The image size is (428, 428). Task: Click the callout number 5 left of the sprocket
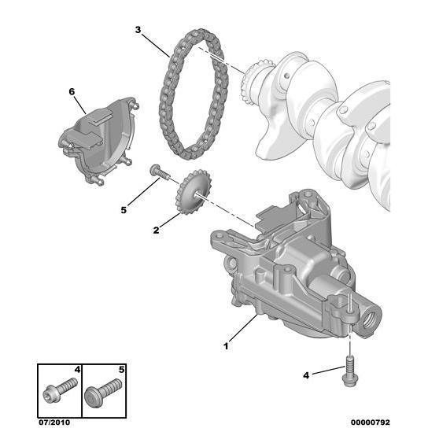(x=123, y=209)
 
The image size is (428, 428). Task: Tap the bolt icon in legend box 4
(x=60, y=388)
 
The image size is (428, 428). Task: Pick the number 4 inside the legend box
(x=77, y=368)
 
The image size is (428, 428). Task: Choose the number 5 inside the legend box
(x=122, y=368)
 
